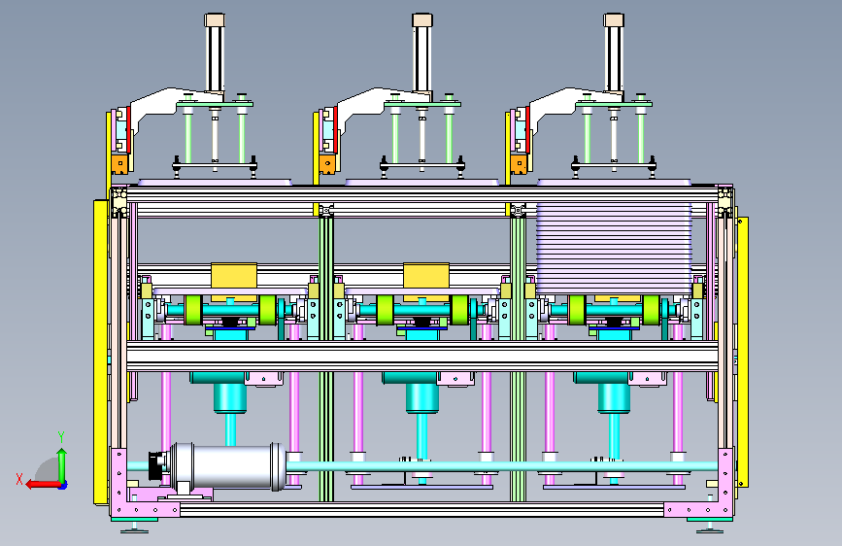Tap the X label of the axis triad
point(19,479)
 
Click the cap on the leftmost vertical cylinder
point(215,20)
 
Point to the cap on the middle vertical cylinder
point(422,20)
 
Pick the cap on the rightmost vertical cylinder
point(613,20)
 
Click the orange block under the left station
point(120,164)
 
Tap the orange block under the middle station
point(327,164)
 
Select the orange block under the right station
point(520,164)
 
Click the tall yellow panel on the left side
point(100,352)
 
